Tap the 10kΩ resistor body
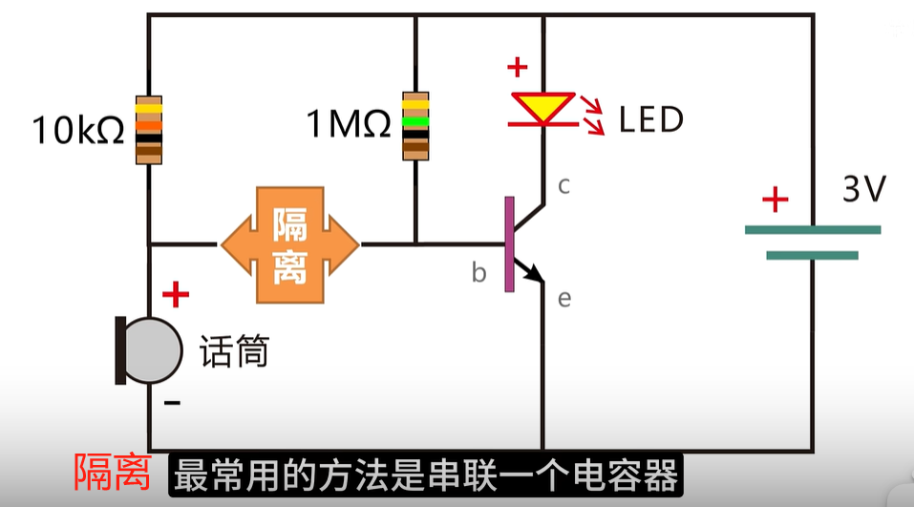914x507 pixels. point(148,130)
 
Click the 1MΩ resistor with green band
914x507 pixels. point(415,125)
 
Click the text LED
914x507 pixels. point(651,120)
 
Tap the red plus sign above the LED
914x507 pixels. point(517,68)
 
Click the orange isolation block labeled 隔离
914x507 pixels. point(290,246)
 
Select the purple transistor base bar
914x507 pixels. point(509,244)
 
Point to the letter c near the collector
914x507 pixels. point(564,186)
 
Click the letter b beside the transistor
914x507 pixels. point(478,274)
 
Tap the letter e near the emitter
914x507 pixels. point(563,300)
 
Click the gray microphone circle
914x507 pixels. point(153,350)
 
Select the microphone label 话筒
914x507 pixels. point(234,352)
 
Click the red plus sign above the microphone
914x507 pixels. point(175,295)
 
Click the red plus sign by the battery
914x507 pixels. point(775,201)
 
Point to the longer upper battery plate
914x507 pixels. point(812,229)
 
